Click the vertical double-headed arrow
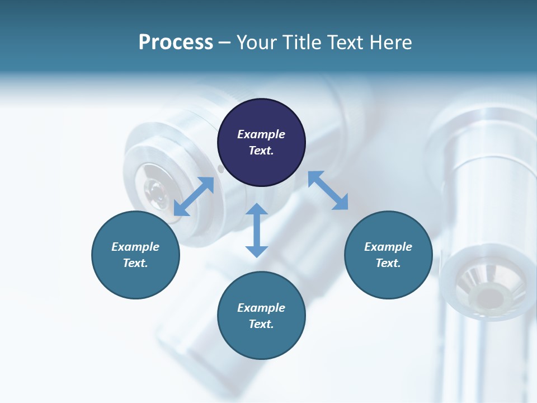257,231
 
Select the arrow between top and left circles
194,196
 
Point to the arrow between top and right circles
328,190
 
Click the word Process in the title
176,43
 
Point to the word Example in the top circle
261,134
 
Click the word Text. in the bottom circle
261,324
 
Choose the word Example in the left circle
135,247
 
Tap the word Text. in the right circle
388,263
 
